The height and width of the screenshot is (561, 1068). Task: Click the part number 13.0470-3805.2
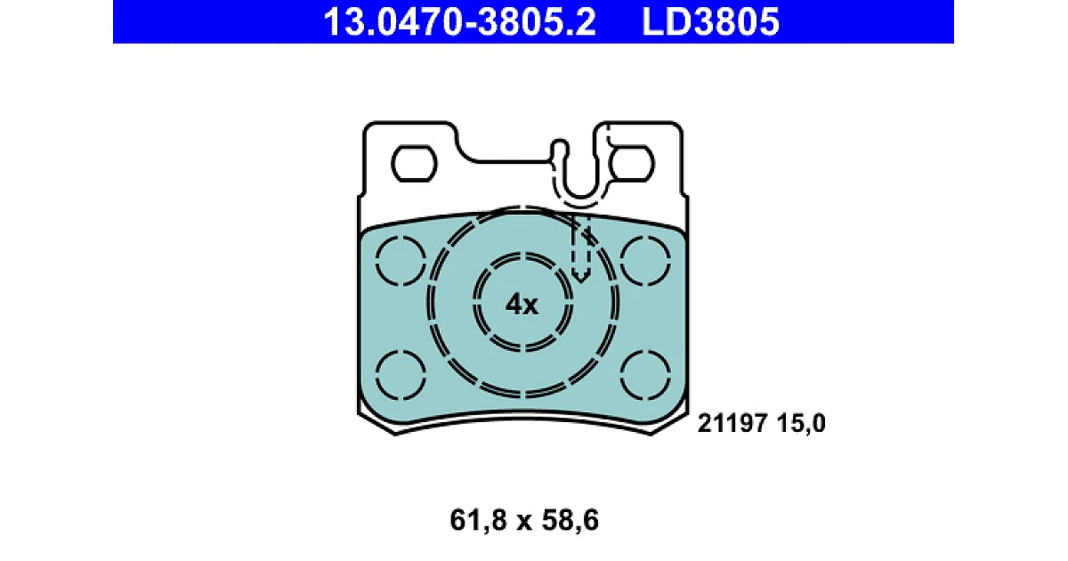pyautogui.click(x=459, y=22)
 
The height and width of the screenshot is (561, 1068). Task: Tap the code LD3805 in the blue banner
pyautogui.click(x=710, y=22)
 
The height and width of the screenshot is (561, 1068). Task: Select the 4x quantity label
pyautogui.click(x=522, y=305)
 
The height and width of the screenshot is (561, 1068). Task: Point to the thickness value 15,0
pyautogui.click(x=801, y=424)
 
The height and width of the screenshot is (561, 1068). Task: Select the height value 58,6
pyautogui.click(x=570, y=520)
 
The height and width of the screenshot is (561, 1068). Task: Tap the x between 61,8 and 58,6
pyautogui.click(x=524, y=523)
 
